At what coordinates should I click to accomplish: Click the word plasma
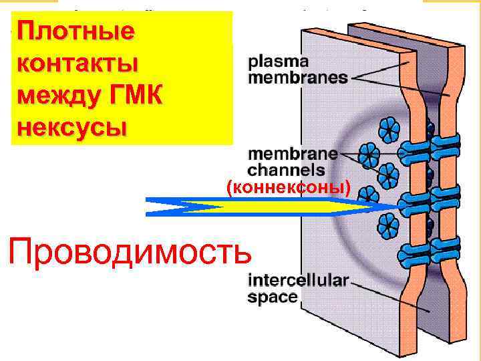coord(279,62)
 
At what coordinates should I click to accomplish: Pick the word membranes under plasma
coord(298,78)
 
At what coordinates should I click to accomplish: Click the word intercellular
coord(298,281)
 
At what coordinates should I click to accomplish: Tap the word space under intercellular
coord(273,297)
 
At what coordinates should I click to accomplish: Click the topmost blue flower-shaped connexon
coord(388,127)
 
